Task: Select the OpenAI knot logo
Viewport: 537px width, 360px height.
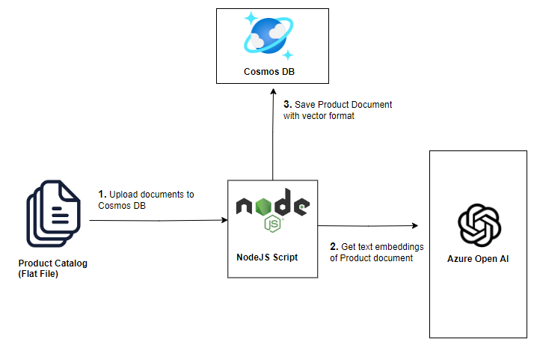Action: pyautogui.click(x=479, y=224)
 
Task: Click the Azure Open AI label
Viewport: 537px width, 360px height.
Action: pyautogui.click(x=479, y=259)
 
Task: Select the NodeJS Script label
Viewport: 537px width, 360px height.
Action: pyautogui.click(x=271, y=257)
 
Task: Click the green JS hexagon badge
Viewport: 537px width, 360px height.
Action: pyautogui.click(x=272, y=224)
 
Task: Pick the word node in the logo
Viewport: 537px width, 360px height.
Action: pyautogui.click(x=272, y=205)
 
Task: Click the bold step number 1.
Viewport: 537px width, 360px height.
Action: pyautogui.click(x=102, y=195)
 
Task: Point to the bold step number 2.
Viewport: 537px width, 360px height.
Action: pyautogui.click(x=334, y=247)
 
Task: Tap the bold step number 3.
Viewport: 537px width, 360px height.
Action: pyautogui.click(x=287, y=104)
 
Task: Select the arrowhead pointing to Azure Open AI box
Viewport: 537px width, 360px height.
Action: pyautogui.click(x=414, y=225)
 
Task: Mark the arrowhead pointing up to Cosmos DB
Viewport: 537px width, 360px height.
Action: pyautogui.click(x=272, y=88)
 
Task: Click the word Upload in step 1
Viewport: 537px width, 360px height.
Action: pyautogui.click(x=124, y=195)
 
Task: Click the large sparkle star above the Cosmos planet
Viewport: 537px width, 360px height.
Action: pyautogui.click(x=251, y=18)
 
